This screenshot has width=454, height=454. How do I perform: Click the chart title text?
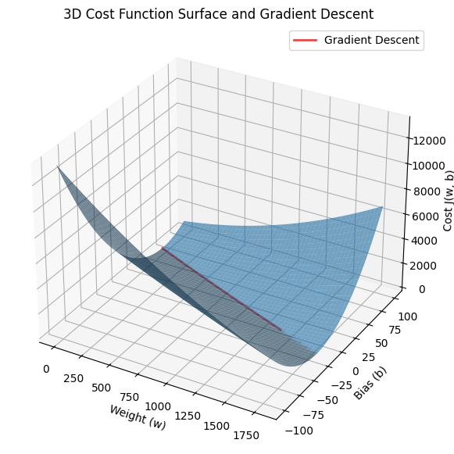(x=218, y=14)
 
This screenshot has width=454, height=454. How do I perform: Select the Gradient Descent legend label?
(x=371, y=40)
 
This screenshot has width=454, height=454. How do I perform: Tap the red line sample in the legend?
(x=306, y=41)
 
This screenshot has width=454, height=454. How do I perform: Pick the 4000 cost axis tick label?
(x=424, y=241)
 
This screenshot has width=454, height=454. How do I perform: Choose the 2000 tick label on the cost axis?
(x=423, y=266)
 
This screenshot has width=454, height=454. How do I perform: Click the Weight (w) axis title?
(x=138, y=417)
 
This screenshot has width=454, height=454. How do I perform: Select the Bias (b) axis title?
(x=370, y=383)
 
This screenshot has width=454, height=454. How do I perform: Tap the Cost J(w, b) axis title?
(x=449, y=201)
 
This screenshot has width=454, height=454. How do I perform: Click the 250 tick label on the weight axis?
(x=73, y=378)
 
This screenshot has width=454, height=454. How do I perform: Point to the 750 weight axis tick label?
(x=130, y=397)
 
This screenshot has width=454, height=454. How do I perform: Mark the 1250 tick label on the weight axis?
(x=188, y=416)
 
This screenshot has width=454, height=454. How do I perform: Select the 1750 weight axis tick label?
(x=246, y=435)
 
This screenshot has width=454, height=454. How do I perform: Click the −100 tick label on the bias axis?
(x=299, y=431)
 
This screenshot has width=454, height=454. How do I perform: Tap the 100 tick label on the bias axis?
(x=408, y=316)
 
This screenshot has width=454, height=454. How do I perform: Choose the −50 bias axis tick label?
(x=327, y=400)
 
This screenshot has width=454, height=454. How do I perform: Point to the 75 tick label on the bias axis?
(x=395, y=330)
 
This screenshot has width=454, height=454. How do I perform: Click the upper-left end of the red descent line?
(x=163, y=248)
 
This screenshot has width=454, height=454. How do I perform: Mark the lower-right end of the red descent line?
(x=281, y=330)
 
